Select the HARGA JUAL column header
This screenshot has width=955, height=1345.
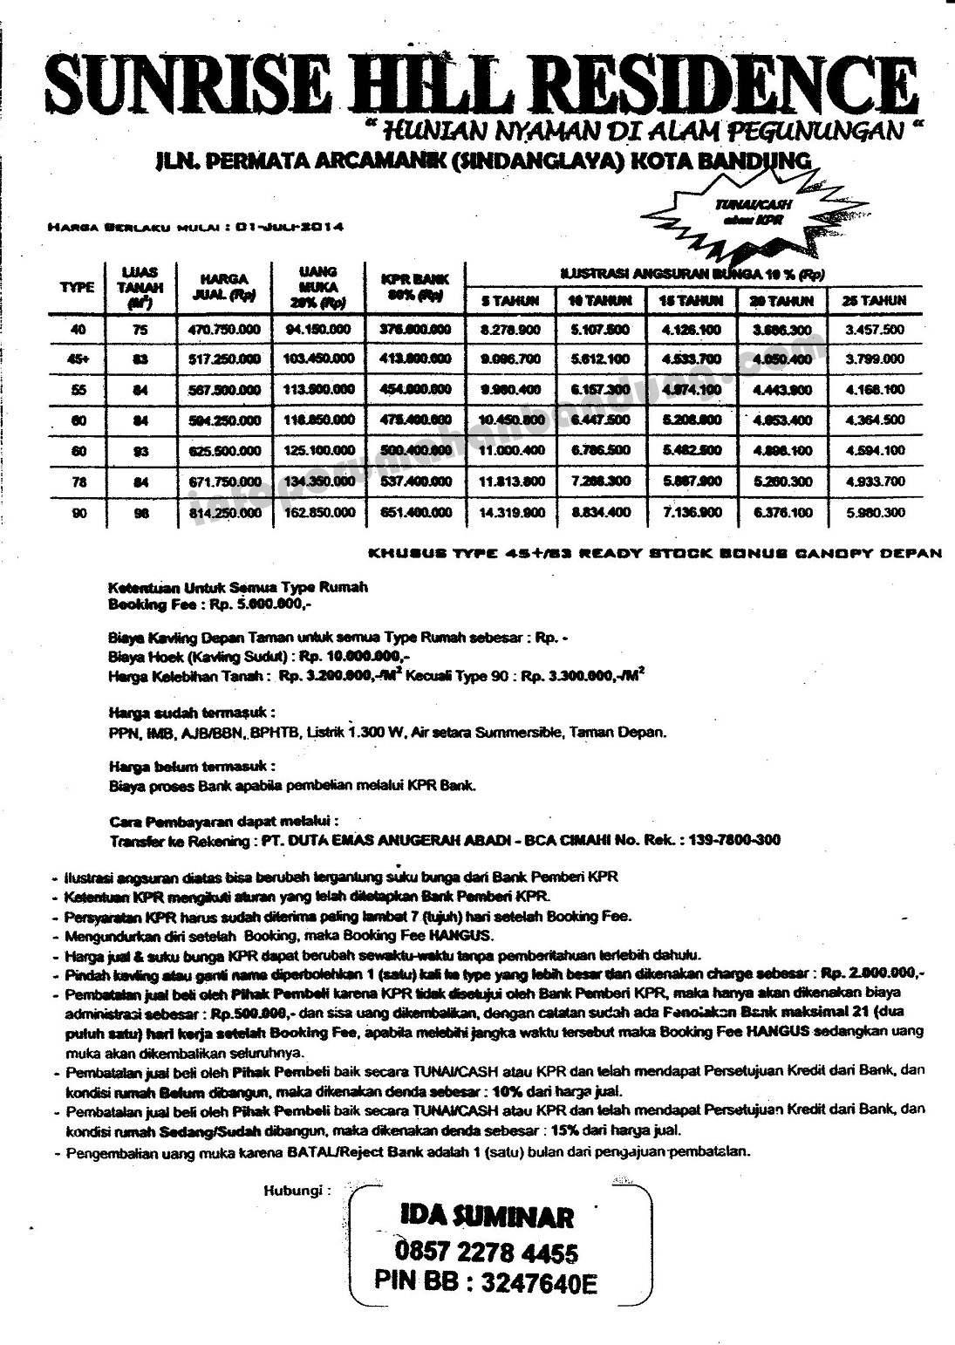(x=224, y=287)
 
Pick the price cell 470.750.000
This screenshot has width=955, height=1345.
(x=224, y=330)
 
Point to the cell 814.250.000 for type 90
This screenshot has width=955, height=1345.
(x=224, y=514)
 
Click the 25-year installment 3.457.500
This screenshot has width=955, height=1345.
(x=874, y=330)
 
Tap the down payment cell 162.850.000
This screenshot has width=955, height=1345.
(x=317, y=514)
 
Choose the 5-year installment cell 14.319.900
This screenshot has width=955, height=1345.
(x=511, y=514)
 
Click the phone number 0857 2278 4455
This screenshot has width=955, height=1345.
(x=487, y=1253)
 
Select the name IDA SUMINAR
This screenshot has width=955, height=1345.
(x=487, y=1216)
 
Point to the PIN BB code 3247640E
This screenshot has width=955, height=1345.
(x=539, y=1283)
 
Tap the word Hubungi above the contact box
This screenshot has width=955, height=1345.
(x=297, y=1191)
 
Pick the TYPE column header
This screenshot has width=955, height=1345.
(x=77, y=287)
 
